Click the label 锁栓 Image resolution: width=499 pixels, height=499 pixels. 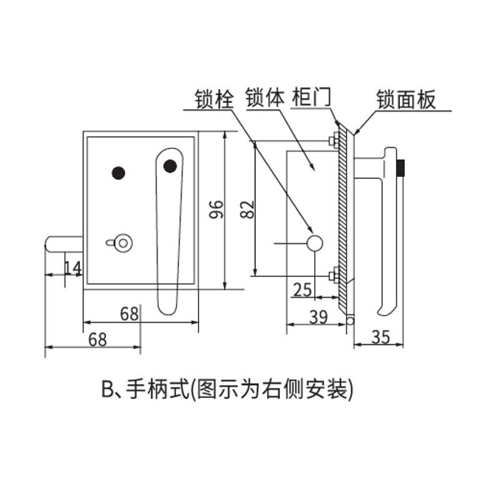pyautogui.click(x=214, y=99)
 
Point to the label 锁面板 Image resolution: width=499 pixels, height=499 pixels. pyautogui.click(x=406, y=100)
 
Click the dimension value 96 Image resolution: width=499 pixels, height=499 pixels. pyautogui.click(x=216, y=209)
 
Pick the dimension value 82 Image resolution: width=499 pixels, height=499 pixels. pyautogui.click(x=247, y=209)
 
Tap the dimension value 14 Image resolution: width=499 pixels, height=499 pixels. pyautogui.click(x=73, y=268)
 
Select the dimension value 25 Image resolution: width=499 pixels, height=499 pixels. pyautogui.click(x=303, y=289)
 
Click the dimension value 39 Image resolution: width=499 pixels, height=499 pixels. pyautogui.click(x=318, y=317)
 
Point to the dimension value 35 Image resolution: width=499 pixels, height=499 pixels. pyautogui.click(x=380, y=337)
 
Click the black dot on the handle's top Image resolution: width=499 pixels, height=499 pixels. pyautogui.click(x=170, y=166)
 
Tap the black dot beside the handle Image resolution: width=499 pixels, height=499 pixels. pyautogui.click(x=119, y=173)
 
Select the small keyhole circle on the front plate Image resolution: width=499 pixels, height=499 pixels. pyautogui.click(x=123, y=243)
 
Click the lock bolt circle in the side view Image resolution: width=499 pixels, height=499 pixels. pyautogui.click(x=315, y=243)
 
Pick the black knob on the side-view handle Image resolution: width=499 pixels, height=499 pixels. pyautogui.click(x=400, y=167)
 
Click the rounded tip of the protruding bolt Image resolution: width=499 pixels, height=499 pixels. pyautogui.click(x=48, y=245)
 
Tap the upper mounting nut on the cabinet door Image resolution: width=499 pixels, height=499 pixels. pyautogui.click(x=334, y=140)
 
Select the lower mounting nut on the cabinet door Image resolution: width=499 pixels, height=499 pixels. pyautogui.click(x=334, y=275)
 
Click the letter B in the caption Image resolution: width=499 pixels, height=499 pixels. pyautogui.click(x=107, y=389)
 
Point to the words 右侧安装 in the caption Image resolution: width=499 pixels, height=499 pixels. pyautogui.click(x=304, y=389)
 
